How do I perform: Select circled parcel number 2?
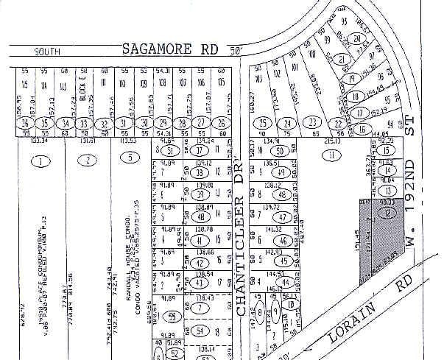point(88,160)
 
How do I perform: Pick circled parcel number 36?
point(27,123)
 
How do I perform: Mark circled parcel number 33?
point(84,123)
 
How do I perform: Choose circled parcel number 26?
point(219,123)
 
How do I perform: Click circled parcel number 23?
point(313,122)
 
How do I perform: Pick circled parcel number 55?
point(172,316)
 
